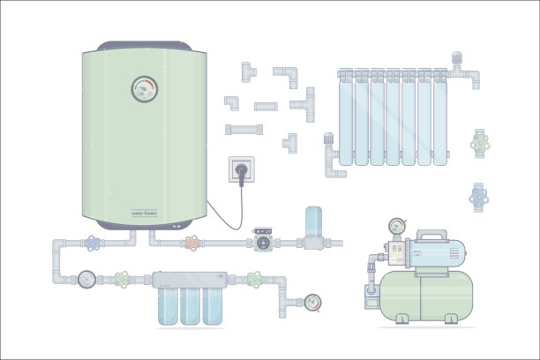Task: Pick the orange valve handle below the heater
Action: [x=191, y=241]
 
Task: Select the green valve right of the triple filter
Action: [x=256, y=280]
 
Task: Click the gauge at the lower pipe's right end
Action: [x=311, y=301]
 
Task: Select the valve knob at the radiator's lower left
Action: [x=328, y=139]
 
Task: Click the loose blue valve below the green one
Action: [x=479, y=195]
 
